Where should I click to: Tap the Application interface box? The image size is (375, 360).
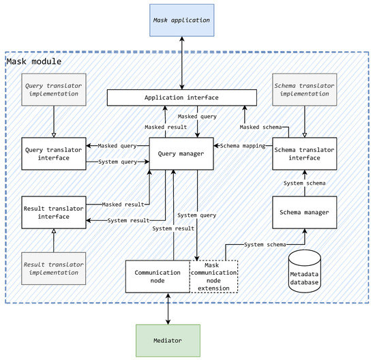(181, 97)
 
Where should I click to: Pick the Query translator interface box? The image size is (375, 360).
(53, 154)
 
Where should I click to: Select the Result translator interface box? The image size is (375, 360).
(53, 211)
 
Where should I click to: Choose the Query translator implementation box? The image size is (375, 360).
(53, 93)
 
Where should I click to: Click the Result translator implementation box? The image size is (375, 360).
(53, 269)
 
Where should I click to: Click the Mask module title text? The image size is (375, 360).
(33, 62)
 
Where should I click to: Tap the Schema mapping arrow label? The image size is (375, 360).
(243, 145)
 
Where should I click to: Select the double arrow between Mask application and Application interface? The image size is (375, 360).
(181, 63)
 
